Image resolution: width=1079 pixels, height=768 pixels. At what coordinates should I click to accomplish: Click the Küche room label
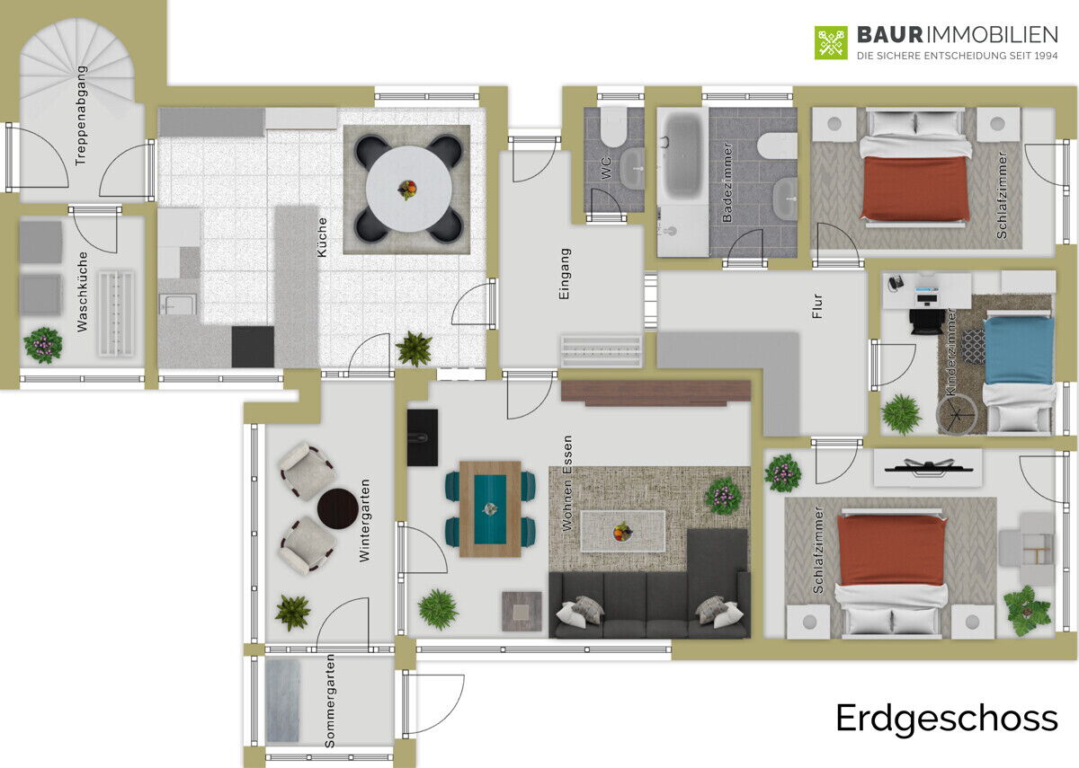[322, 237]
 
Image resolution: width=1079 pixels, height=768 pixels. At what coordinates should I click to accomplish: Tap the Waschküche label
[83, 292]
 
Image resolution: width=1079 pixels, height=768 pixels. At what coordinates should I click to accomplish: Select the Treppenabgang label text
[81, 116]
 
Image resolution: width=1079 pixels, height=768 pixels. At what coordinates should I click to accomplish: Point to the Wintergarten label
[365, 520]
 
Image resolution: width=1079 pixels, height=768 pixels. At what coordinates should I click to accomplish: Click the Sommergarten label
[329, 701]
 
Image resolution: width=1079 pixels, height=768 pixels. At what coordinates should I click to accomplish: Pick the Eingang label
[564, 274]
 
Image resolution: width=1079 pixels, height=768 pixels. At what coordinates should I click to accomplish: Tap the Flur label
[817, 306]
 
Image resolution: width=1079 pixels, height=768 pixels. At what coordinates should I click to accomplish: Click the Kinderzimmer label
[951, 352]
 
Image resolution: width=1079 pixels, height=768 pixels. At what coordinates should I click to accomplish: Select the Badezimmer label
[727, 182]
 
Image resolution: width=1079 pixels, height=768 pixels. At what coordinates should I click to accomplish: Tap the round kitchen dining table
[408, 190]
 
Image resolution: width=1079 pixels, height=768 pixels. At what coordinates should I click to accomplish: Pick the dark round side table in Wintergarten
[338, 508]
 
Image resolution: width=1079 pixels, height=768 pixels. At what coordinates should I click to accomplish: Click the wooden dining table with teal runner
[490, 508]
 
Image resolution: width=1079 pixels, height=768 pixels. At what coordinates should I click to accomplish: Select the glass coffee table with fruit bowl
[623, 531]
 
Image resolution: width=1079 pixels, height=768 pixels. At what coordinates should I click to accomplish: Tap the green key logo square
[831, 43]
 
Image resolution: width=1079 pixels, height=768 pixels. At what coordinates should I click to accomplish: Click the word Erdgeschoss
[947, 719]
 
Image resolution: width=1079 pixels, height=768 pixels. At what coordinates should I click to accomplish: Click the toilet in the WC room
[613, 127]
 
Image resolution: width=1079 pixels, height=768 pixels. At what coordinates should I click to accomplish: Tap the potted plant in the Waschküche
[43, 345]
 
